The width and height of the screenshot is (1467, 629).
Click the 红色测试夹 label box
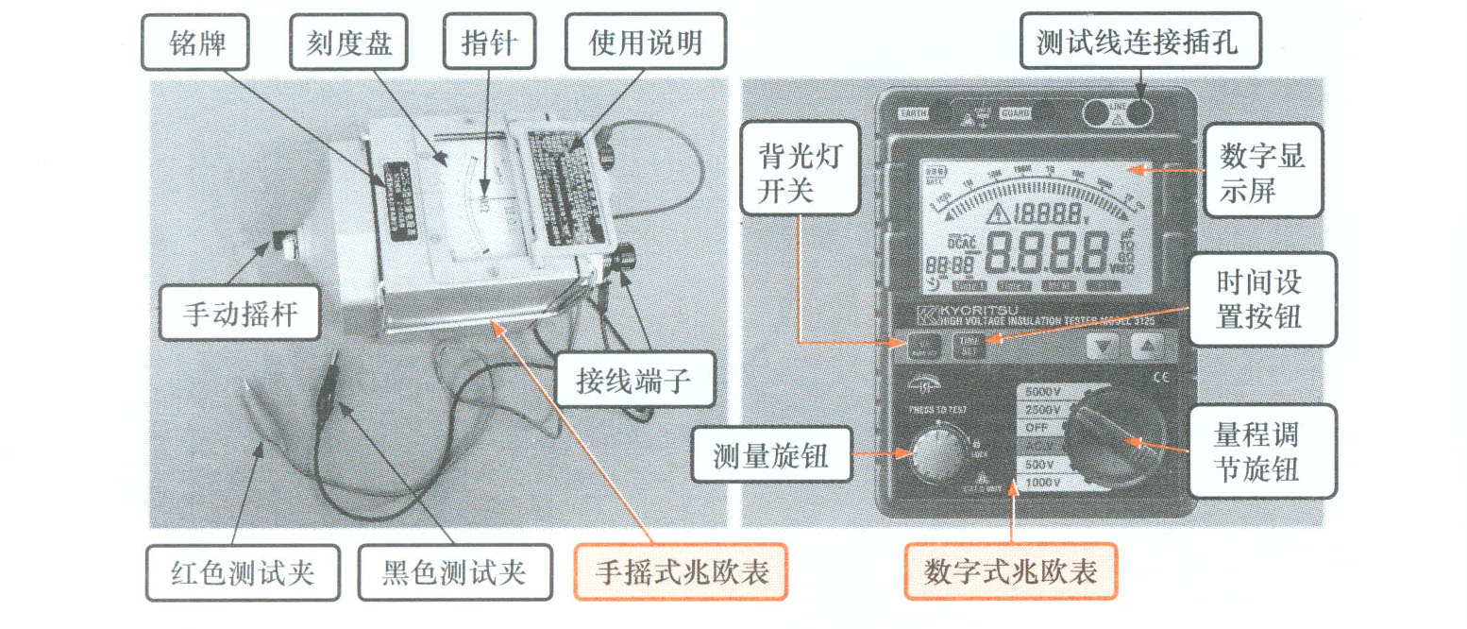tap(243, 572)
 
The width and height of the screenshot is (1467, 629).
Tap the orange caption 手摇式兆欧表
tap(681, 572)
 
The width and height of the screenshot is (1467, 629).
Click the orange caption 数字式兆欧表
tap(1010, 572)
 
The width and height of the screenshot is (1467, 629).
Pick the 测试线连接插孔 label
tap(1141, 43)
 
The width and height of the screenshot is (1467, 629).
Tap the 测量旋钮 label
tap(772, 456)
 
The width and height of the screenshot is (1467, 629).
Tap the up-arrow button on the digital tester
tap(1144, 346)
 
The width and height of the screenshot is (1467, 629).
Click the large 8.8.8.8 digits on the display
tap(1048, 250)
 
